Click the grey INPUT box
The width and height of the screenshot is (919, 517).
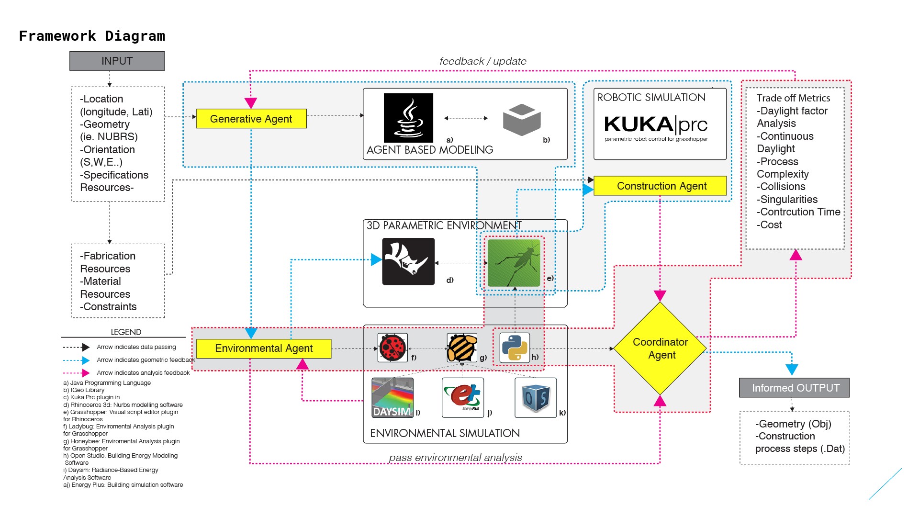point(117,61)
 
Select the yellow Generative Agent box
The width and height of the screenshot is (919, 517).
point(251,119)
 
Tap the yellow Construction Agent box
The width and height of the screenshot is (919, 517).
point(661,186)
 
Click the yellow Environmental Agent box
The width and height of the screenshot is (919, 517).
point(264,348)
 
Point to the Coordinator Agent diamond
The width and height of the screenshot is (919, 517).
point(660,348)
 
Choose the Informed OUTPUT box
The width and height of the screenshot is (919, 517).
point(795,388)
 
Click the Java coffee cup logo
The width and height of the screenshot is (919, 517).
point(408,118)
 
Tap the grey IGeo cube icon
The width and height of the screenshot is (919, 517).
point(522,119)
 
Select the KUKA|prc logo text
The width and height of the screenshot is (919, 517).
point(655,124)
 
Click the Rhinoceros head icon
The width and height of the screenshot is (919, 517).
point(408,261)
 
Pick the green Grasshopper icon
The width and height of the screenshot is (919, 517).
point(514,263)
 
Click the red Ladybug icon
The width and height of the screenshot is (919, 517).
point(392,348)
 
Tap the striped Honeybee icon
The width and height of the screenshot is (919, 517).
point(462,348)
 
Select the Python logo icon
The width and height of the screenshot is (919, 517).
point(515,348)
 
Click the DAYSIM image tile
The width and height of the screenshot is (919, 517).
point(392,398)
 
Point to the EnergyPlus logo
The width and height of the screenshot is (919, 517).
point(463,398)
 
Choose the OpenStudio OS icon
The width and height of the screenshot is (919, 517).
point(536,398)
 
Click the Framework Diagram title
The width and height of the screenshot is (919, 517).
point(92,36)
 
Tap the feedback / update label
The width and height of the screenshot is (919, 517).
point(482,61)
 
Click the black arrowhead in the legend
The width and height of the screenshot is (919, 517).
point(86,347)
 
